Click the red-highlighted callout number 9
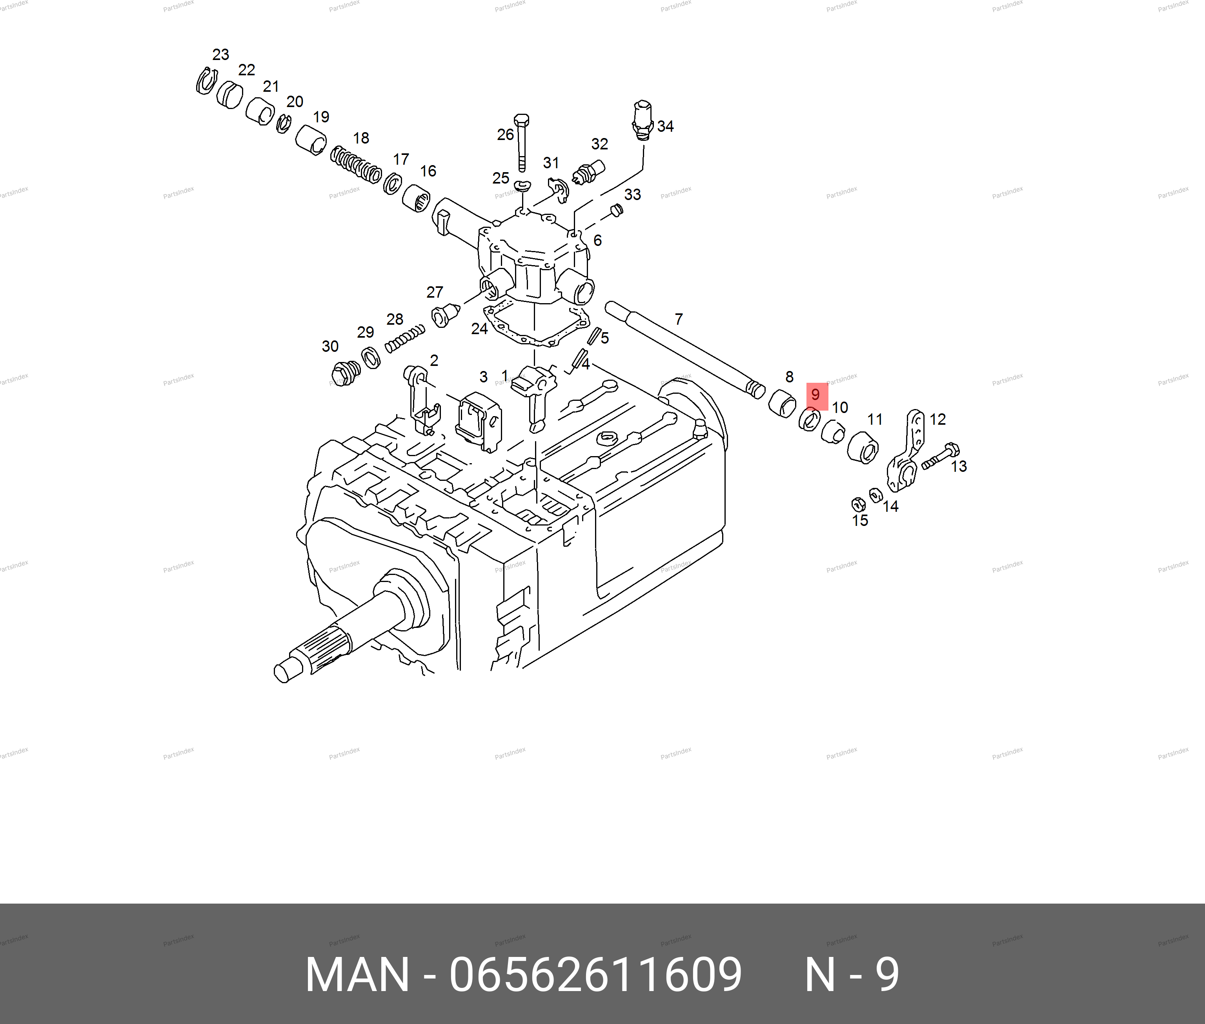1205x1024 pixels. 815,395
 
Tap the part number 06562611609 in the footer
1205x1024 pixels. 595,975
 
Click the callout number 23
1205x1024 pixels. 220,55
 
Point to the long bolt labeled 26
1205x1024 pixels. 521,142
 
